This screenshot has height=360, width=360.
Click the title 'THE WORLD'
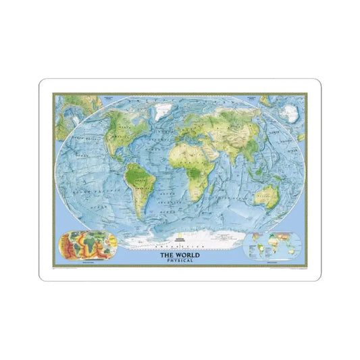pyautogui.click(x=180, y=254)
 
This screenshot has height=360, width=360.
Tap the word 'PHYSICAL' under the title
pyautogui.click(x=180, y=260)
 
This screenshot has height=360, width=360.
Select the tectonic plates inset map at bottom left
pyautogui.click(x=86, y=245)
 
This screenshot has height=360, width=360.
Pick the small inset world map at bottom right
pyautogui.click(x=274, y=246)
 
